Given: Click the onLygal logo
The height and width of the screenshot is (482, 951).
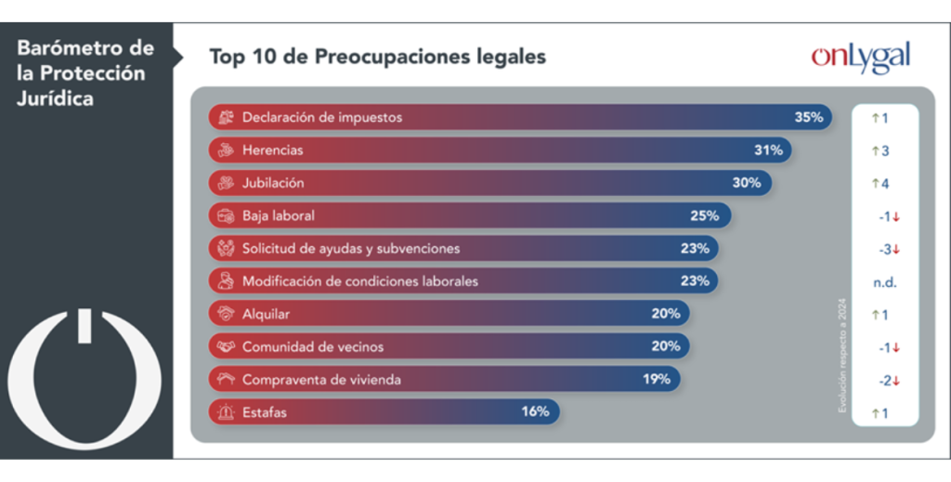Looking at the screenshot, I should click(860, 57).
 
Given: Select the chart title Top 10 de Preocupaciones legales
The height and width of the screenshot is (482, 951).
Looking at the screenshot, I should click(377, 57).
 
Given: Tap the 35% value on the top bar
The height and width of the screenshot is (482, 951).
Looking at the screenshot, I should click(808, 118).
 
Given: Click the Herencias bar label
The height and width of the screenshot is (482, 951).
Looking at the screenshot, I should click(272, 150).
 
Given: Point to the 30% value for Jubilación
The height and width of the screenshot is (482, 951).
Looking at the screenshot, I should click(746, 183).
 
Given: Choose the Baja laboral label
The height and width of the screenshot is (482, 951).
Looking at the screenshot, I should click(278, 215).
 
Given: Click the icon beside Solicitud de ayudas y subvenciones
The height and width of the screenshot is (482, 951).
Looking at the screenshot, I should click(224, 248).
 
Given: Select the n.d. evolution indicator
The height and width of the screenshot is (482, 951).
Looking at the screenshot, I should click(884, 281).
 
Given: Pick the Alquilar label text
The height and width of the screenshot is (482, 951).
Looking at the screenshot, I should click(266, 314).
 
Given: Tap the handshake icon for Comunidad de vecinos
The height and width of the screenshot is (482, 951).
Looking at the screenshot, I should click(224, 346).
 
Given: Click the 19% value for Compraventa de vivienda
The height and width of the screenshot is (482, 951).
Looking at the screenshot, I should click(656, 379).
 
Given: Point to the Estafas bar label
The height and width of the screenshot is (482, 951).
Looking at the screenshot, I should click(266, 411).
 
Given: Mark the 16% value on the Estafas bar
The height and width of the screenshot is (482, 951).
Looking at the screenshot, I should click(535, 411).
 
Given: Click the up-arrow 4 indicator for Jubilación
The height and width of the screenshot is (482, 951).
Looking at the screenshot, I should click(880, 183).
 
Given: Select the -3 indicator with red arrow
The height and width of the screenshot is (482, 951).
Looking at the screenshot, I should click(889, 249).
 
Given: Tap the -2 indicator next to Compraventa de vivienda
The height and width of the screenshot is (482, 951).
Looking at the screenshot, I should click(889, 380).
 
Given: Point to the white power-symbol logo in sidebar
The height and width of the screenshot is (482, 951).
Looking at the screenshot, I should click(85, 380).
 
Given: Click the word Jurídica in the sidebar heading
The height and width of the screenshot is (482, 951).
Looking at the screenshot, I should click(55, 98).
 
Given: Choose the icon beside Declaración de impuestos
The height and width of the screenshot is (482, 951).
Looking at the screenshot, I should click(224, 118).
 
